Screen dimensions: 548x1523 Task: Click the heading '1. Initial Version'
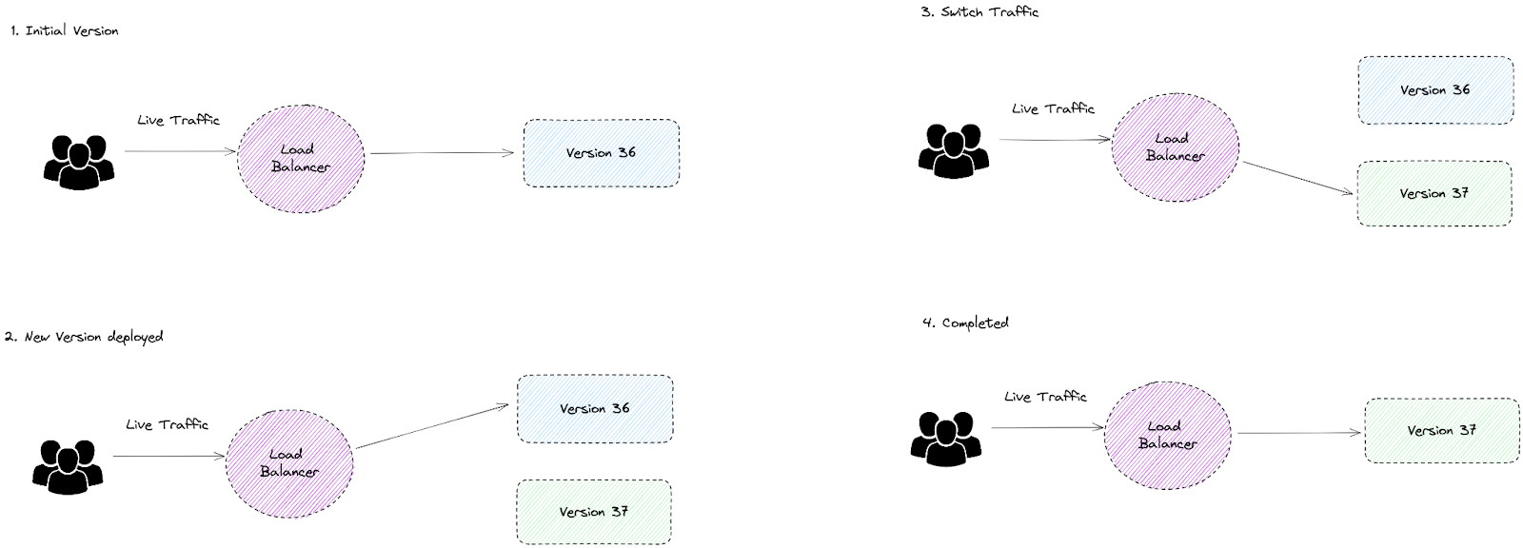pos(65,31)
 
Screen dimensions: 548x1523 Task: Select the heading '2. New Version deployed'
pos(84,337)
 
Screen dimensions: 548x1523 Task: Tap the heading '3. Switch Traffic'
pos(979,12)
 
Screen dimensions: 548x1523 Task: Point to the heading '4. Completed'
pos(965,323)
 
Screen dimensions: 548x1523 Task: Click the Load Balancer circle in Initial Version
pos(301,159)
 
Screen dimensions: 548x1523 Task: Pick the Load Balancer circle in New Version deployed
pos(289,463)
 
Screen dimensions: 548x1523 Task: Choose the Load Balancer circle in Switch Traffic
pos(1176,147)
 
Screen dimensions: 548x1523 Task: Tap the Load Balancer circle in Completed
pos(1168,436)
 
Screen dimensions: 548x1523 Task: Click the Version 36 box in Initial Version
pos(601,153)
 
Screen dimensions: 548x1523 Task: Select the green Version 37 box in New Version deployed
pos(594,512)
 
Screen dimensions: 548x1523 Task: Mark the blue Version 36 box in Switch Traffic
pos(1435,90)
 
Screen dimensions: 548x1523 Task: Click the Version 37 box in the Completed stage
pos(1442,431)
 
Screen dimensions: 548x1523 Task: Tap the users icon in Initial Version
pos(79,160)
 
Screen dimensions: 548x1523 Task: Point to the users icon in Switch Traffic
pos(954,150)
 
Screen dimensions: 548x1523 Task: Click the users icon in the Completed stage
pos(946,439)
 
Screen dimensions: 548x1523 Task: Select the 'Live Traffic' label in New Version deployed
pos(167,424)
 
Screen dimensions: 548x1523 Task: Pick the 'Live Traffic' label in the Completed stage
pos(1045,397)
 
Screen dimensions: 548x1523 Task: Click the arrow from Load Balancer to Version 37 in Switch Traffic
pos(1297,178)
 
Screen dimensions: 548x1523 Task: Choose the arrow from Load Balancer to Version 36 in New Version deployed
pos(432,427)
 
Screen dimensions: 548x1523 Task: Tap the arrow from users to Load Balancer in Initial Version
pos(180,151)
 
